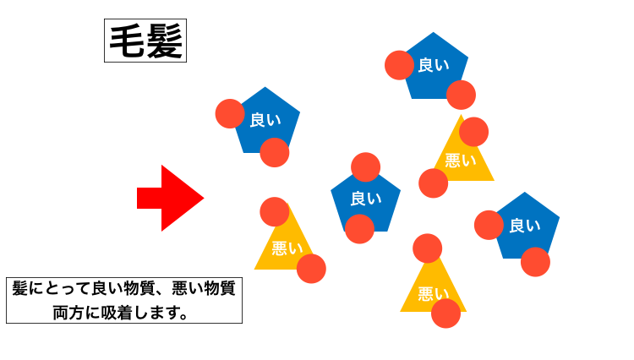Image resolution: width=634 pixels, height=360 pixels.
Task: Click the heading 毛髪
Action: tap(145, 41)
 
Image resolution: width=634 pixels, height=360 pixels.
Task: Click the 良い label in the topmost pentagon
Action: tap(434, 65)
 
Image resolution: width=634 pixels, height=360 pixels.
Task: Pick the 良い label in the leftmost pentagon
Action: tap(265, 121)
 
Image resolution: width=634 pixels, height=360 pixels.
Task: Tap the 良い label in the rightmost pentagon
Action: tap(525, 226)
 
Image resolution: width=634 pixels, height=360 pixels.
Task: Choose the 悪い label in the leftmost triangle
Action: tap(287, 248)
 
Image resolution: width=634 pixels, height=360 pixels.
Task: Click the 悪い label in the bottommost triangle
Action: tap(433, 293)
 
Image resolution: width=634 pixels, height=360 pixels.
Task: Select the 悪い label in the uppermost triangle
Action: tap(461, 161)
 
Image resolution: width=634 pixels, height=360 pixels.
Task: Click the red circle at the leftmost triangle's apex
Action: tap(275, 212)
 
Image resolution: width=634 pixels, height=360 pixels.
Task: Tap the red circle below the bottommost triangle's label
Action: tap(445, 314)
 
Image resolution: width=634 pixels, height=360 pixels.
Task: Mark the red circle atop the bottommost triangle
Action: tap(428, 248)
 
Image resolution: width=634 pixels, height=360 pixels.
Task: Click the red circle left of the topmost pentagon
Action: tap(399, 65)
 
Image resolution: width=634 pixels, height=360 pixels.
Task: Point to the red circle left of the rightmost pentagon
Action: tap(489, 225)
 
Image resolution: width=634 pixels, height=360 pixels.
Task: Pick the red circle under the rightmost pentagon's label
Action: tap(535, 262)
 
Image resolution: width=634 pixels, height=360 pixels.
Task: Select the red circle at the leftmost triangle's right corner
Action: tap(311, 269)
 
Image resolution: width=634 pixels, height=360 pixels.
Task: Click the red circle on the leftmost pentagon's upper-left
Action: tap(230, 113)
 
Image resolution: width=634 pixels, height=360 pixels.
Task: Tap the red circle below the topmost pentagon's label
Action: tap(461, 95)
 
